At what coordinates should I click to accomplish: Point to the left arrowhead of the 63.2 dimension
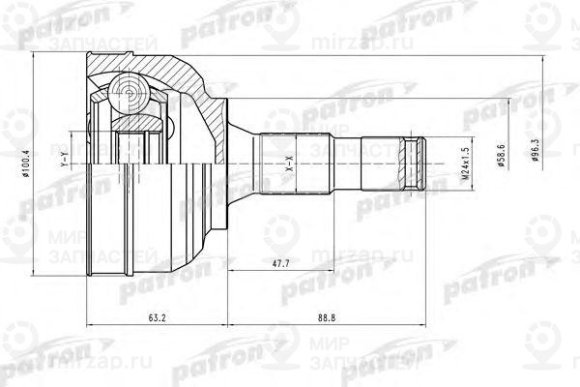[90, 323]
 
